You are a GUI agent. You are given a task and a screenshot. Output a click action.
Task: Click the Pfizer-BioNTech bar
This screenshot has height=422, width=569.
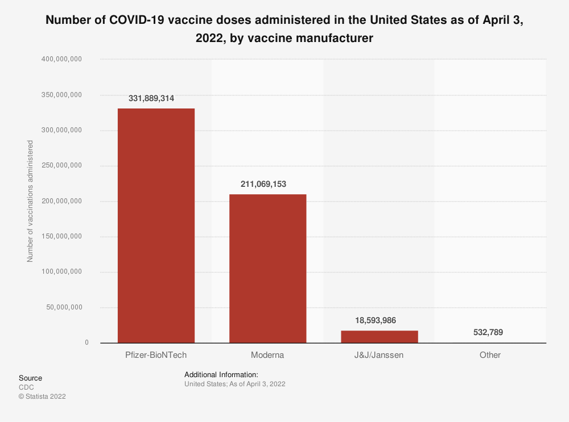[156, 225]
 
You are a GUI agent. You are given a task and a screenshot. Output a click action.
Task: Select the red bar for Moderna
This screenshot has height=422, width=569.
[267, 269]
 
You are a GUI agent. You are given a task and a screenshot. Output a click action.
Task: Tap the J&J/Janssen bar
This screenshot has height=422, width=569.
[379, 336]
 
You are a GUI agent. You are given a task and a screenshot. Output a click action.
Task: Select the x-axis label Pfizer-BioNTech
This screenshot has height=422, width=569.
[156, 355]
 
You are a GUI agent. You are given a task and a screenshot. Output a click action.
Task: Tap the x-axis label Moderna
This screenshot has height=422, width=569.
[267, 355]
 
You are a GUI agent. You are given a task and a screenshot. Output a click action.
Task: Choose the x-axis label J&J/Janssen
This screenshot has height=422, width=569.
[379, 355]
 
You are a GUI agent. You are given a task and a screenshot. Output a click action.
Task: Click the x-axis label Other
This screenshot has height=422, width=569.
[490, 355]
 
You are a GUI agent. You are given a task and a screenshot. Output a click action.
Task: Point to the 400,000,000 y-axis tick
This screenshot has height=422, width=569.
[63, 59]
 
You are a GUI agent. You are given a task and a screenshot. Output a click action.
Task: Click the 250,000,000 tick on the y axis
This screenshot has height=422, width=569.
[63, 165]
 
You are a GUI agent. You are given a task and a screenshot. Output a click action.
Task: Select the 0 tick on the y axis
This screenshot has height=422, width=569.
[86, 342]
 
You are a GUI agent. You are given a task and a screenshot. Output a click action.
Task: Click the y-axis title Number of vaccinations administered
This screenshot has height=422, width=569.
[31, 201]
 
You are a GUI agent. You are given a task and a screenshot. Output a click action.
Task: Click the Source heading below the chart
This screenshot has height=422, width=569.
[30, 378]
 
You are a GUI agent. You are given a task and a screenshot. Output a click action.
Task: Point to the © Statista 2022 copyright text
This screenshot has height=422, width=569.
[42, 396]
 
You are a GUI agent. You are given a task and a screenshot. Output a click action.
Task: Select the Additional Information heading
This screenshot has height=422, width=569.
[221, 375]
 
